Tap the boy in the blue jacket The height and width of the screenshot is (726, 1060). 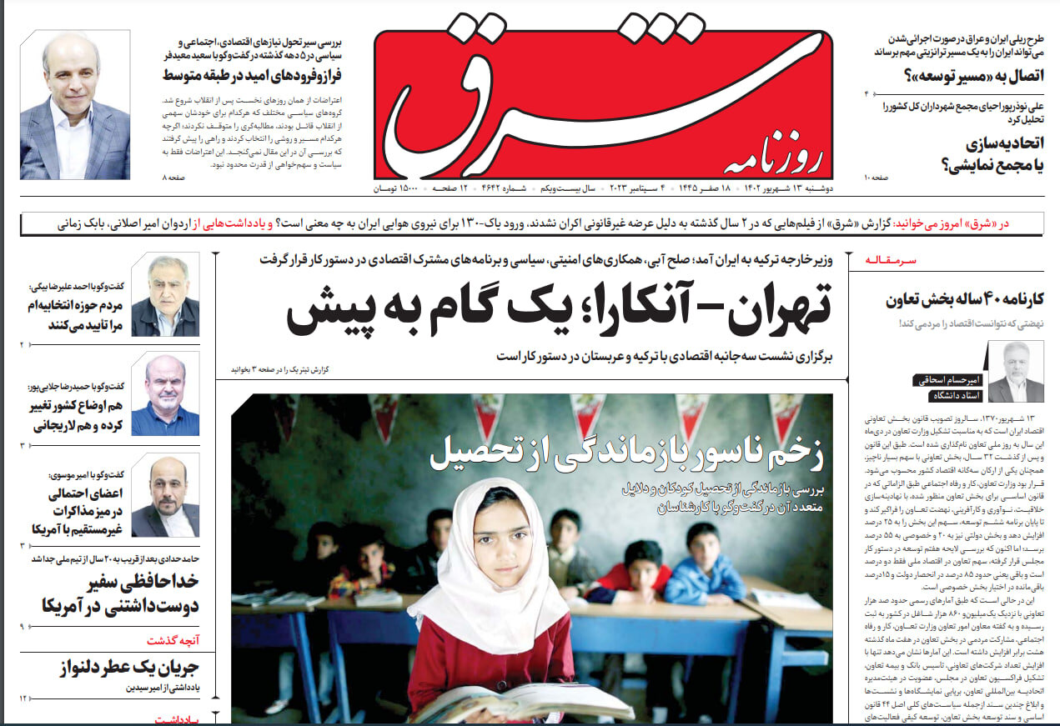coord(703,567)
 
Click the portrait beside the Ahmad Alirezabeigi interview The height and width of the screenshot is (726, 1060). coord(165,295)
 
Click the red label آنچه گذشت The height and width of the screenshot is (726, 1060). coord(173,640)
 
